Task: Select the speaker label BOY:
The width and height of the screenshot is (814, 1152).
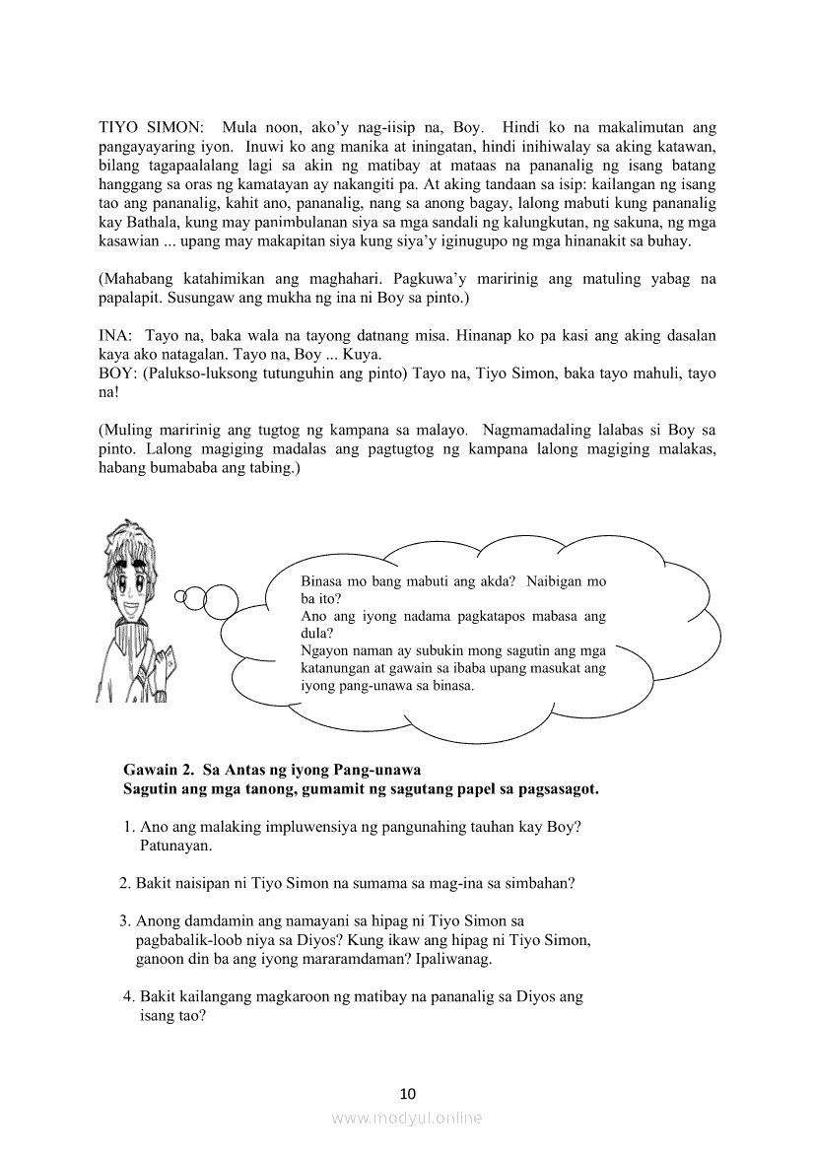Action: coord(118,374)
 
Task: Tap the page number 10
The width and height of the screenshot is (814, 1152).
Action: coord(408,1093)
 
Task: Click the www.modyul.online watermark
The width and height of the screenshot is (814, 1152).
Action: coord(407,1118)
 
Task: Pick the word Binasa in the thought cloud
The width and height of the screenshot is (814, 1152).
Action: coord(323,581)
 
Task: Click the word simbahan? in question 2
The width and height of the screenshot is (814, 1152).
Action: coord(540,883)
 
